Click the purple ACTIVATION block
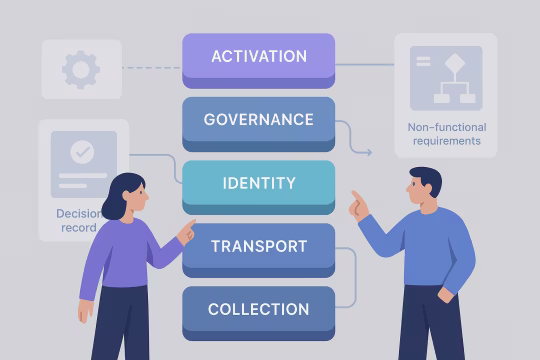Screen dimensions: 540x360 tap(258, 57)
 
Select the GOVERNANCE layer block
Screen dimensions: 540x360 tap(258, 121)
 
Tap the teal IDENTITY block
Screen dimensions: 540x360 tap(258, 184)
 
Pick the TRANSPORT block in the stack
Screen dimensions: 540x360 tap(258, 247)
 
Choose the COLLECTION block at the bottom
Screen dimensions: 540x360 tap(258, 310)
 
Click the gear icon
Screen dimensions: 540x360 tap(81, 69)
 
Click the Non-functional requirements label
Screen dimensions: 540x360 tap(445, 134)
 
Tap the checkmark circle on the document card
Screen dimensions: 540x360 tap(83, 153)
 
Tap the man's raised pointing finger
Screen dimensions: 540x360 tap(356, 198)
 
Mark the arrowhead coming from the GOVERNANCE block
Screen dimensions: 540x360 tap(368, 152)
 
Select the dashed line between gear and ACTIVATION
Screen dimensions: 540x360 tap(151, 68)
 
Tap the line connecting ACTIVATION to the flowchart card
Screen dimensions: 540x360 tap(364, 65)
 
